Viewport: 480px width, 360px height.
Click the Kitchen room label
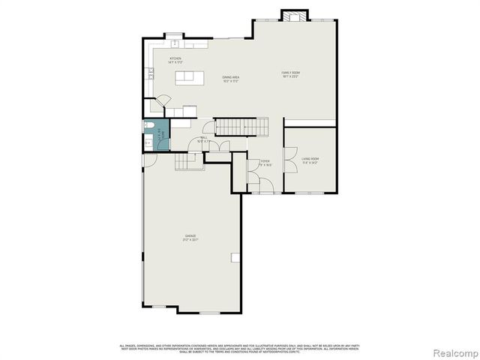click(175, 58)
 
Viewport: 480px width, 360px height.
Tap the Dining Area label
click(230, 78)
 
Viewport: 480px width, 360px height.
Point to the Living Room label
click(310, 160)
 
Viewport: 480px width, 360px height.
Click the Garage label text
click(191, 238)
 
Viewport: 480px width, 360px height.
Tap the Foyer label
click(265, 163)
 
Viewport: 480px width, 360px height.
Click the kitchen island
click(189, 78)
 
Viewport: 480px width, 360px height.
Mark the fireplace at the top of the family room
click(292, 15)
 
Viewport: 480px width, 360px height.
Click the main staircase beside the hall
click(241, 127)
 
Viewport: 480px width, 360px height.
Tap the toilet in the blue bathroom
click(149, 127)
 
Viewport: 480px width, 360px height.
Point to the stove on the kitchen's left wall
click(151, 73)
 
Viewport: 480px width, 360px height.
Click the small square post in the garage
click(235, 257)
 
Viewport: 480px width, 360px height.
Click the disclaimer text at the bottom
click(239, 347)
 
